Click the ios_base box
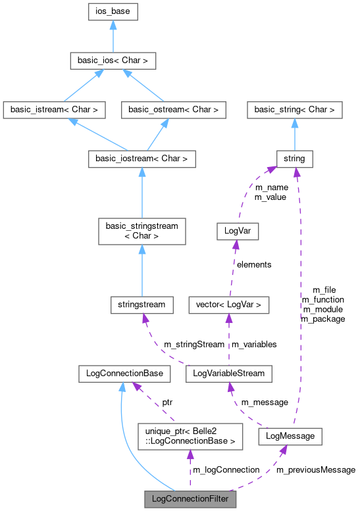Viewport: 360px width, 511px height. (x=113, y=12)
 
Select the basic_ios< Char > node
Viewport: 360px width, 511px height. (x=113, y=61)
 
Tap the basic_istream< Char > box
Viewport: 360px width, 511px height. (x=54, y=110)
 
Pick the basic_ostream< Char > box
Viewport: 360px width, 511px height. (x=174, y=110)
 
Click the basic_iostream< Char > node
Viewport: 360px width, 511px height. (x=141, y=158)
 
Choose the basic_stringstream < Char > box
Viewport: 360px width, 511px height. (x=141, y=231)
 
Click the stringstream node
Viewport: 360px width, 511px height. (x=141, y=304)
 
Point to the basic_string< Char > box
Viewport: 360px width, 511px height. (x=294, y=110)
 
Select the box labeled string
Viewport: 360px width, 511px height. (x=294, y=158)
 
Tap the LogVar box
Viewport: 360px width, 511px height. (x=237, y=231)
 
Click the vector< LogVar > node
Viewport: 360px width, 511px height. (x=228, y=304)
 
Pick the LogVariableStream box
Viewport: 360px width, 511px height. (x=228, y=373)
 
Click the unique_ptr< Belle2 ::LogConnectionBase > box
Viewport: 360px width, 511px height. (x=190, y=436)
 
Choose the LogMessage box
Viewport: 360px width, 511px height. (x=290, y=436)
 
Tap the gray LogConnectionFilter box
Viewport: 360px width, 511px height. (x=190, y=499)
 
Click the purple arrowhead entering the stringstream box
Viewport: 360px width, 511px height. (x=145, y=318)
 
